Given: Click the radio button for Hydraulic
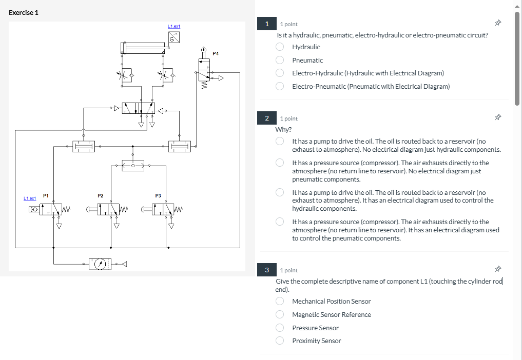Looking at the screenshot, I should coord(280,47).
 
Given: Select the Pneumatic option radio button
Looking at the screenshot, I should coord(280,60).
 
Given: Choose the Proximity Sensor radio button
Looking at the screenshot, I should coord(280,341).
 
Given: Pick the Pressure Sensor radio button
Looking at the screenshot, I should coord(280,328).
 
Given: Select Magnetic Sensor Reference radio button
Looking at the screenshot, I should coord(280,314).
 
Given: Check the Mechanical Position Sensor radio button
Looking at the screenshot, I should coord(280,301).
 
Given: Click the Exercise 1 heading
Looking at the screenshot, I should coord(24,12).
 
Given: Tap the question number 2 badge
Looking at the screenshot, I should coord(267,118).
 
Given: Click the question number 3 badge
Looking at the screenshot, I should coord(267,270).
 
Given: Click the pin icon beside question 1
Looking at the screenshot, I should coord(497,24).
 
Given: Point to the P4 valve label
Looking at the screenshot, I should coord(216,53).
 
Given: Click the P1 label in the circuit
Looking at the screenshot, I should coord(46,195).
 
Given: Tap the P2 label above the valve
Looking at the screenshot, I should coord(101,195).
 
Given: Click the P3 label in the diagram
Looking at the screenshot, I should coord(158,195).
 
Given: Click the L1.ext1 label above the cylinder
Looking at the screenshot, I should coord(174,26).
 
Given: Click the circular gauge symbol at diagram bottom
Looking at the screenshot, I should coord(102,264).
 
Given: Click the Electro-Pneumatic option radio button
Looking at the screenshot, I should coord(280,86).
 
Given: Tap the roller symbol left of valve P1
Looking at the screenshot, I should coord(33,209).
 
